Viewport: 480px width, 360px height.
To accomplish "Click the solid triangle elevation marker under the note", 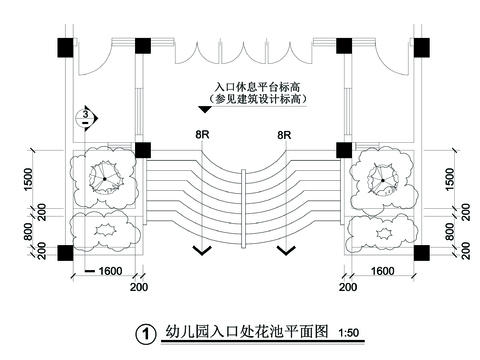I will tap(205, 108).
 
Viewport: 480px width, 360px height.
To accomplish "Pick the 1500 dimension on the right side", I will tap(451, 181).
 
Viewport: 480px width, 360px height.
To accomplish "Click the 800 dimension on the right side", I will tap(451, 231).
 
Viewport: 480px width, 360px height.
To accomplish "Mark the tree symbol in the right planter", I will tap(384, 180).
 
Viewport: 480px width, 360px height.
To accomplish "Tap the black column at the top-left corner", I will tap(65, 45).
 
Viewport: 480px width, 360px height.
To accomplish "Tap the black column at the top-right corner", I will tap(422, 45).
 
